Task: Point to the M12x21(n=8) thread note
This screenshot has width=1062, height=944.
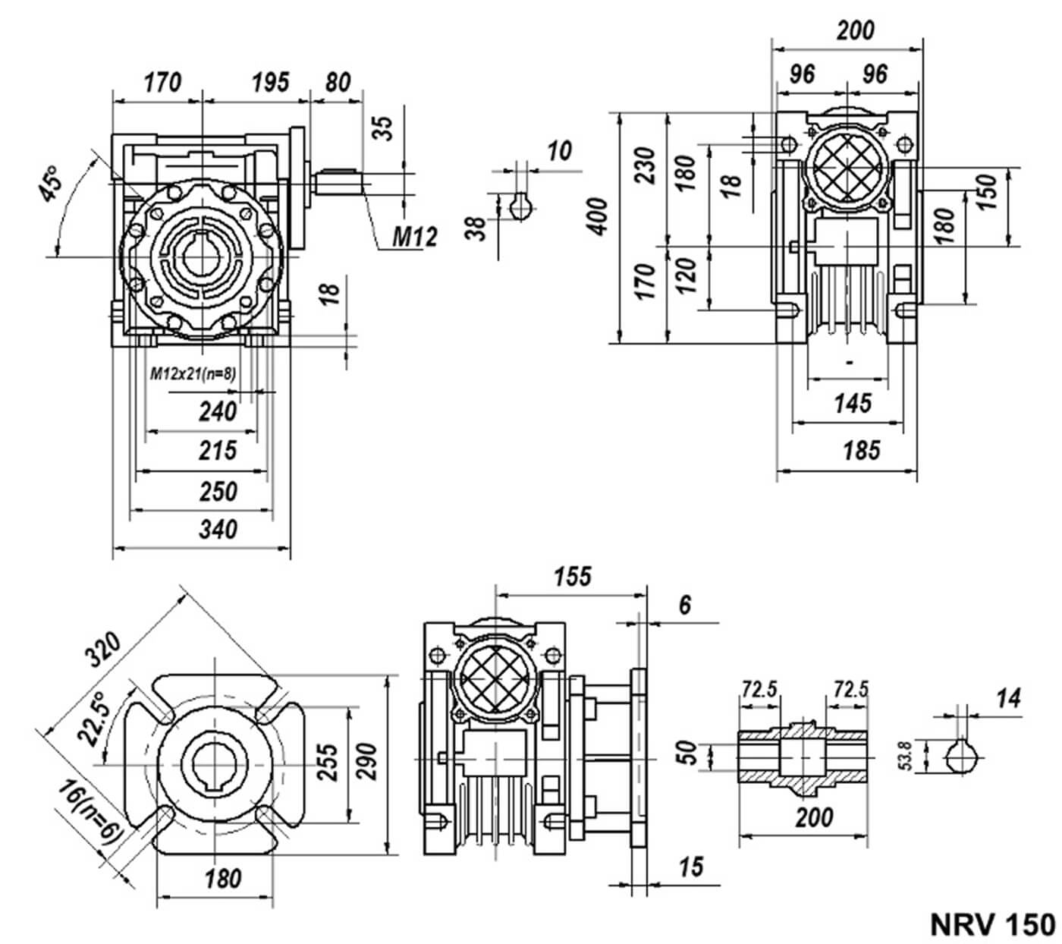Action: point(193,373)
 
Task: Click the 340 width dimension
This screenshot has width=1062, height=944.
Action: point(218,529)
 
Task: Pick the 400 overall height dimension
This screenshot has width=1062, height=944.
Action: point(598,216)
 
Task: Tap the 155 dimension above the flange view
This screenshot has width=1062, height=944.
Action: point(572,577)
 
